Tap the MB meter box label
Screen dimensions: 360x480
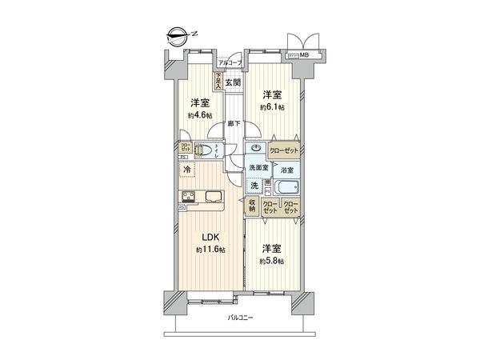click(306, 55)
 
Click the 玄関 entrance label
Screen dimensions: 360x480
click(232, 82)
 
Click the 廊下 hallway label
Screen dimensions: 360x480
click(233, 122)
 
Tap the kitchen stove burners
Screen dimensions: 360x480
click(190, 198)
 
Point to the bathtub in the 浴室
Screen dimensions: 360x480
click(285, 189)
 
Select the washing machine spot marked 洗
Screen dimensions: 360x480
click(254, 186)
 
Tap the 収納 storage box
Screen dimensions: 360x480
click(251, 206)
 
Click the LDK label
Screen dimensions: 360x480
click(209, 237)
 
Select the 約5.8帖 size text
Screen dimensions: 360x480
click(271, 261)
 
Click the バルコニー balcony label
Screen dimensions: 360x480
click(239, 318)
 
